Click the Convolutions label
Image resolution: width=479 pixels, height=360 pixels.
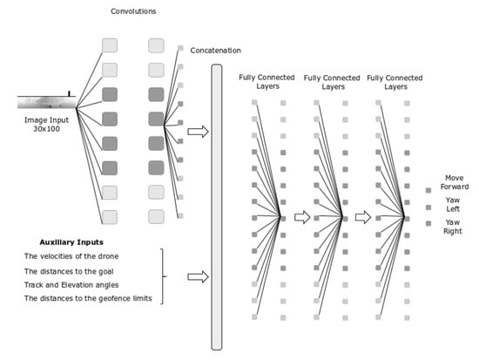point(133,11)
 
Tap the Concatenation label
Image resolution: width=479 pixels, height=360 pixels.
point(215,51)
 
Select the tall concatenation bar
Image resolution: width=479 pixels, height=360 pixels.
point(217,207)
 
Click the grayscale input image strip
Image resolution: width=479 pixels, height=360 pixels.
point(46,102)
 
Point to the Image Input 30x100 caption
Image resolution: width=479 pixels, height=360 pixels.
point(46,125)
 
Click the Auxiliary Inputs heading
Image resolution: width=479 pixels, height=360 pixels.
point(71,242)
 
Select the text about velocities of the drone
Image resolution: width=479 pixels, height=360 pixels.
point(71,256)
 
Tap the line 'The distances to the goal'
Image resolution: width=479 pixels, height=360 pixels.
point(69,272)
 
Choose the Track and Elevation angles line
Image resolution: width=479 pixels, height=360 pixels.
point(71,285)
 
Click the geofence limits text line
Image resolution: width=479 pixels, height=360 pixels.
point(88,298)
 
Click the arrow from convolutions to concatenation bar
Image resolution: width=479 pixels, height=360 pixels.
point(198,132)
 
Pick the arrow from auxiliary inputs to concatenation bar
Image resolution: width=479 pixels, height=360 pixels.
point(198,277)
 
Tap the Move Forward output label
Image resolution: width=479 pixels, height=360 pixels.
point(455,182)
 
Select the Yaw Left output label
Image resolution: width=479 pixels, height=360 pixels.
point(453,205)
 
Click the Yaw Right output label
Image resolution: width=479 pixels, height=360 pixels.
point(453,227)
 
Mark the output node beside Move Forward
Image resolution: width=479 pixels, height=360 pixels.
point(428,191)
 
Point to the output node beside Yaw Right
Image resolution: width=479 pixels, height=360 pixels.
point(428,224)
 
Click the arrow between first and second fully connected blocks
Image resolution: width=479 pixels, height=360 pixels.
point(302,217)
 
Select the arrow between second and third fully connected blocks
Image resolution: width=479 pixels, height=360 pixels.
point(363,217)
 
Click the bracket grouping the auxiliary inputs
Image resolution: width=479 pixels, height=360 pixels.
point(162,276)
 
